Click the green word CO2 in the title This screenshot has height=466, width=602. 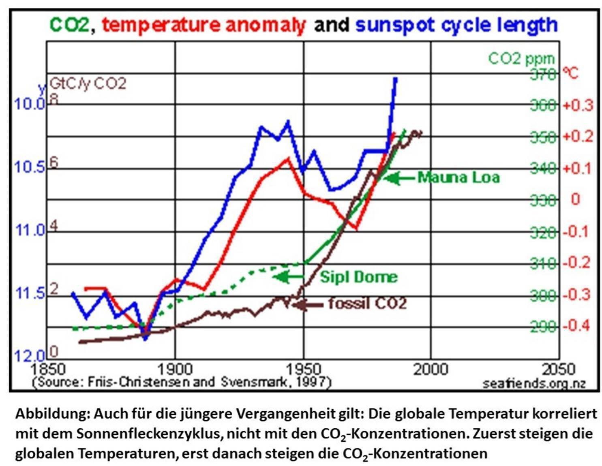(x=69, y=25)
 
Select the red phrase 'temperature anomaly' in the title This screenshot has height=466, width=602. (x=203, y=25)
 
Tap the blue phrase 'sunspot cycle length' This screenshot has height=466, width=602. (x=456, y=25)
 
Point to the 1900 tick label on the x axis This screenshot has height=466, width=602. (x=175, y=369)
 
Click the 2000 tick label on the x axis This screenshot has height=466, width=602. (x=431, y=369)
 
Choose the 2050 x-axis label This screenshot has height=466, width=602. (x=558, y=369)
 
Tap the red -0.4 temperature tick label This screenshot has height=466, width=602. (x=576, y=326)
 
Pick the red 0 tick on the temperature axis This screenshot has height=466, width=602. (x=575, y=199)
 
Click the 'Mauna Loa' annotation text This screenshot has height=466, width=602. (x=458, y=177)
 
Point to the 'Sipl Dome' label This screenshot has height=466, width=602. (x=358, y=277)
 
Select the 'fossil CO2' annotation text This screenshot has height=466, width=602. (x=367, y=304)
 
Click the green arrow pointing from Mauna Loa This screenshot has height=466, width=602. (x=399, y=178)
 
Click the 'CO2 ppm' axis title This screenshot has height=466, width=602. (x=521, y=59)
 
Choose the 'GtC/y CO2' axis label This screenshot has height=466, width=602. (x=88, y=83)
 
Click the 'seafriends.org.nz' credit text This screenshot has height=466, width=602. (x=534, y=383)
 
